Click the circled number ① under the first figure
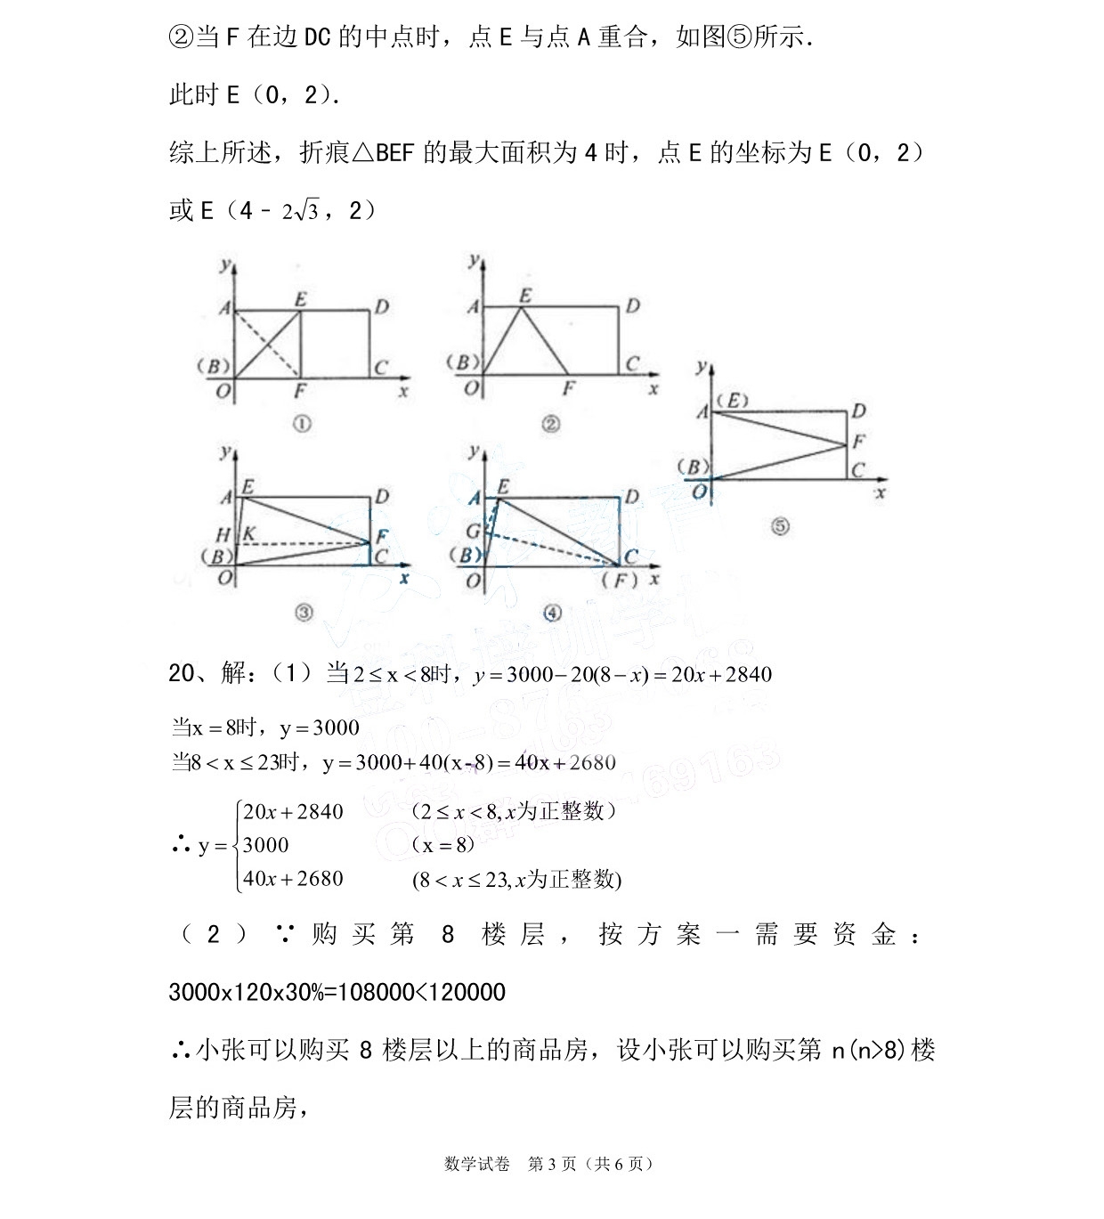coord(302,425)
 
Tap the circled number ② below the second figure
coord(551,425)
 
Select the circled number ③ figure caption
coord(304,613)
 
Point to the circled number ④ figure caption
coord(552,613)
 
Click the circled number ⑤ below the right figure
coord(780,526)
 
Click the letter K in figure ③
coord(250,533)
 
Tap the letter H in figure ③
coord(223,534)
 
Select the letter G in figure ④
coord(474,531)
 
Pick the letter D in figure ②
coord(632,306)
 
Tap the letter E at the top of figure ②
coord(525,296)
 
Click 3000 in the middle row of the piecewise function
coord(265,845)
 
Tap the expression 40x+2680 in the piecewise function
coord(293,879)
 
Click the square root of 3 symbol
coord(305,211)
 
